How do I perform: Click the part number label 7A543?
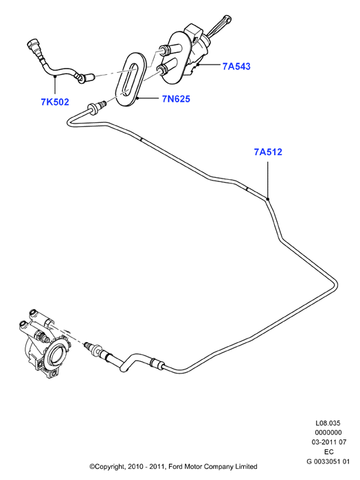[x=236, y=66]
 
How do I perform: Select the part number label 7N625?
[x=176, y=99]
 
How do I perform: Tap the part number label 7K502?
[x=55, y=102]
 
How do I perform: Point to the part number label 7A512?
[x=268, y=152]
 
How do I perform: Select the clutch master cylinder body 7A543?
[x=184, y=55]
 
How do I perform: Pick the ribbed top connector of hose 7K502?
[x=34, y=47]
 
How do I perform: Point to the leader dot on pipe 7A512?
[x=267, y=199]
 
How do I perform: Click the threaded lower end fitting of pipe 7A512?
[x=93, y=348]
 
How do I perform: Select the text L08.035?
[x=328, y=423]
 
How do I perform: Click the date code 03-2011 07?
[x=329, y=442]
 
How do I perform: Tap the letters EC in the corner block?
[x=328, y=452]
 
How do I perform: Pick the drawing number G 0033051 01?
[x=328, y=461]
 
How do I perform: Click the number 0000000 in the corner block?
[x=328, y=433]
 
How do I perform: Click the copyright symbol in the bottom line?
[x=91, y=467]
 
